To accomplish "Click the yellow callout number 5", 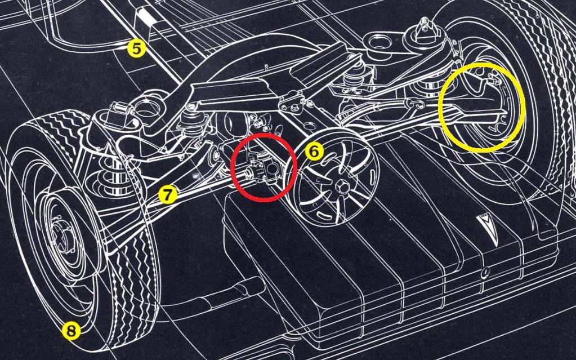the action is click(x=136, y=49).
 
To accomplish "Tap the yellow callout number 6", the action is click(x=314, y=152).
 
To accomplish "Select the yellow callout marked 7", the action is click(x=168, y=195).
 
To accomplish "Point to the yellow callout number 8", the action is click(x=71, y=331).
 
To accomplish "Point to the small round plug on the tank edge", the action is click(x=485, y=273).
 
